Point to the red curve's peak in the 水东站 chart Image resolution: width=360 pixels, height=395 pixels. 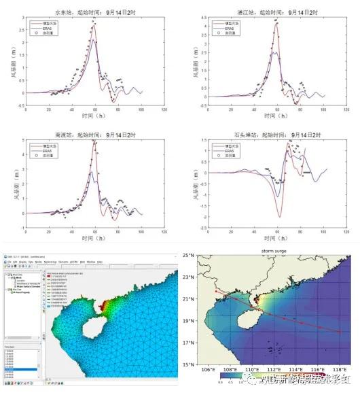(94, 24)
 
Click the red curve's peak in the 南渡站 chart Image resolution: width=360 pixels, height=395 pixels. (94, 141)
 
